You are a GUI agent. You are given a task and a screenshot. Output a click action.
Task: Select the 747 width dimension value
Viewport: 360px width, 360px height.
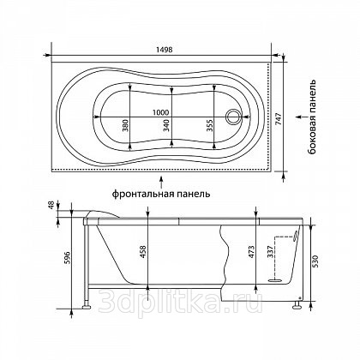coord(279,118)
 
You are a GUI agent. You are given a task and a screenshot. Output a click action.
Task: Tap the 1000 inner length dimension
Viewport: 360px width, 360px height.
coord(160,112)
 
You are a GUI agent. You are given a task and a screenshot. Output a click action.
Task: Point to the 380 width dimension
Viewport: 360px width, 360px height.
coord(125,125)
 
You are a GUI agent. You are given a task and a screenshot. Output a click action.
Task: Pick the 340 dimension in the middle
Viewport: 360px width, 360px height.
coord(166,125)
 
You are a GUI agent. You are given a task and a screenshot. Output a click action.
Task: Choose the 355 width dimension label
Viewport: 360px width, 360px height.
coord(209,125)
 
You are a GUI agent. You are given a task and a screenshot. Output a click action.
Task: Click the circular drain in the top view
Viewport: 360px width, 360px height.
coord(234,117)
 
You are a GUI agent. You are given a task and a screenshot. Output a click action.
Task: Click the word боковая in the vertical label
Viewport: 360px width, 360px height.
coord(313,138)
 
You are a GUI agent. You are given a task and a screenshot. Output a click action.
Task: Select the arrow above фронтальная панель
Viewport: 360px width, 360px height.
coord(161,182)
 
